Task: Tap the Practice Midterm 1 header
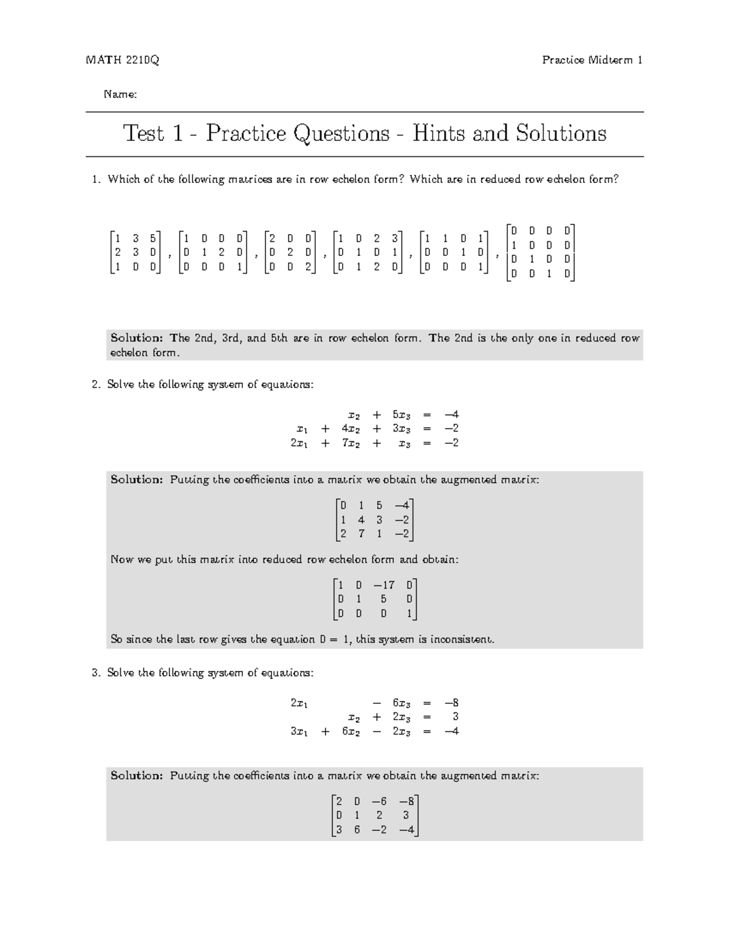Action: click(x=592, y=60)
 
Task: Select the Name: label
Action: click(x=120, y=94)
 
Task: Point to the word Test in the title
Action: click(x=144, y=133)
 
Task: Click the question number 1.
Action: click(x=95, y=179)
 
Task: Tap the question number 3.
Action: click(x=95, y=672)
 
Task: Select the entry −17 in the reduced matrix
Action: click(x=383, y=585)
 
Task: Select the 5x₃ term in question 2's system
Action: click(x=402, y=415)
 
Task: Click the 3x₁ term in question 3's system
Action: click(x=299, y=731)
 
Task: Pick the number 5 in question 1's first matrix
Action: click(x=153, y=238)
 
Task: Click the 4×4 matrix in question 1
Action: click(x=540, y=252)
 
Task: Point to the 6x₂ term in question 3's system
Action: click(x=351, y=731)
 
